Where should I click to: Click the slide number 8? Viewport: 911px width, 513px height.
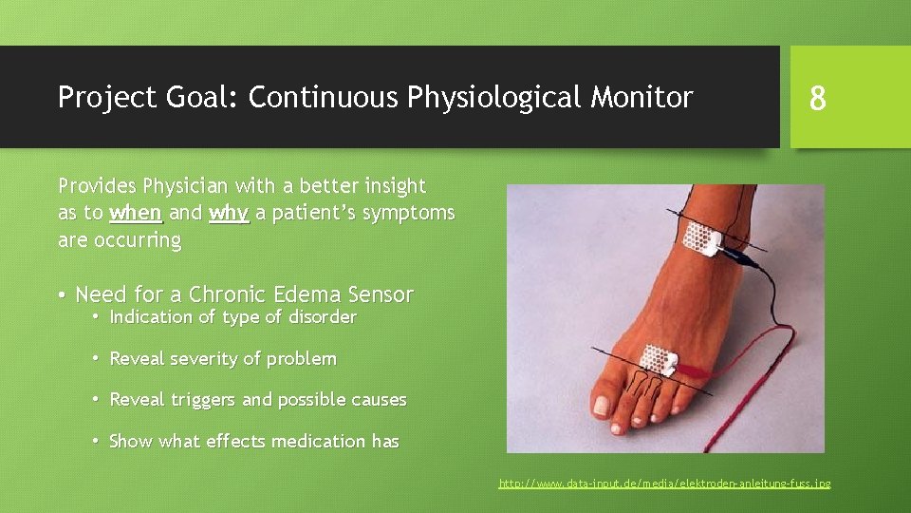(816, 98)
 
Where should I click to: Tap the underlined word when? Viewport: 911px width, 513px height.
(137, 214)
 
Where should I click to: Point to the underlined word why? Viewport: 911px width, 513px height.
(229, 214)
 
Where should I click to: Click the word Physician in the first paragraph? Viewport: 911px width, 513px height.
(188, 186)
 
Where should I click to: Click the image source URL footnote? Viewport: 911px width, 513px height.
(664, 484)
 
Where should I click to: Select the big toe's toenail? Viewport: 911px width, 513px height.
(601, 405)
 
